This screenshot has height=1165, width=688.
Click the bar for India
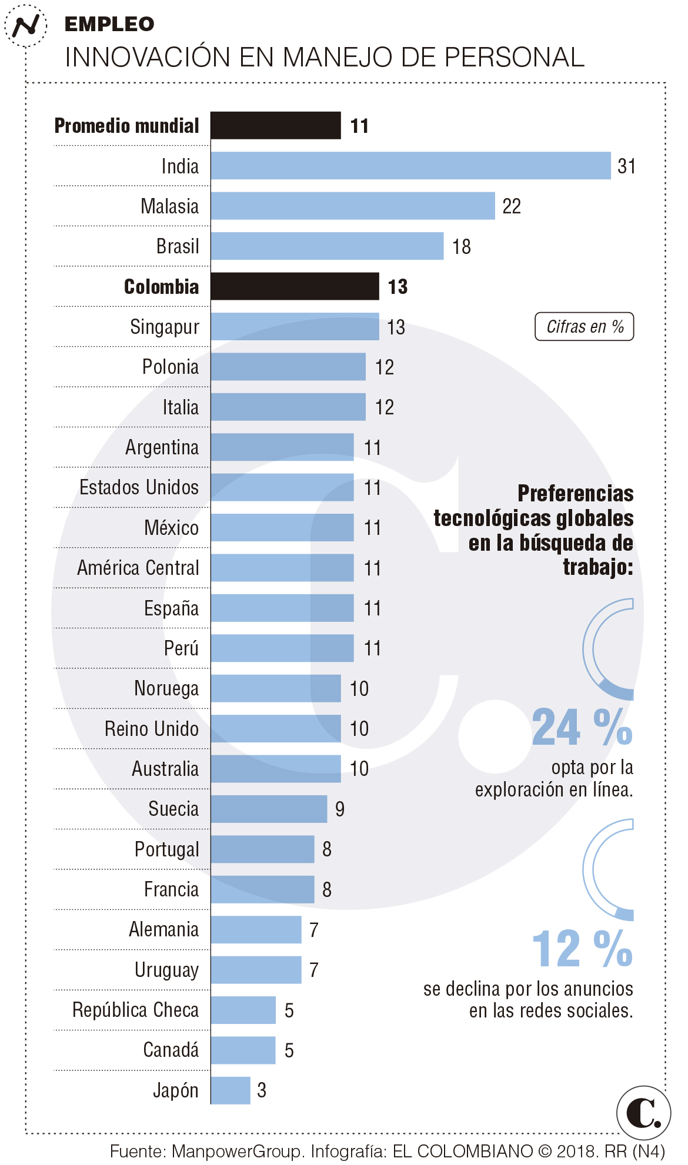pos(410,166)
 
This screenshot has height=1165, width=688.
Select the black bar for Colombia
pos(295,286)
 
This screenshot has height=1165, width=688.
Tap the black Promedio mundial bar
pos(275,125)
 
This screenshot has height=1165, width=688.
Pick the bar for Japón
pos(231,1090)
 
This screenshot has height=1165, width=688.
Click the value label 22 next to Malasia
pos(512,206)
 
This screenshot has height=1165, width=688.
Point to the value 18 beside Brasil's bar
pos(461,246)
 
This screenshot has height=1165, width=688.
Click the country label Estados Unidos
pos(139,487)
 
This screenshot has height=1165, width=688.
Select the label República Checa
pos(136,1010)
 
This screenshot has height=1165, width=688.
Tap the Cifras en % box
pos(584,327)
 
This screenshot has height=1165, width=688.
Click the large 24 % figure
pos(582,727)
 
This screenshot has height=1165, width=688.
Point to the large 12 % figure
pos(582,949)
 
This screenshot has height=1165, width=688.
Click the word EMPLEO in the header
pos(109,24)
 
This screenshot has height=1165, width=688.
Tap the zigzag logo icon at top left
pos(26,25)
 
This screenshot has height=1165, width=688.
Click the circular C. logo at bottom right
pos(643,1112)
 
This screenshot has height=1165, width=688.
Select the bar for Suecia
pos(269,809)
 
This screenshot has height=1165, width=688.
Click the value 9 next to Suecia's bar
pos(340,809)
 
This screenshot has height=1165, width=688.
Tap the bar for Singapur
pos(295,326)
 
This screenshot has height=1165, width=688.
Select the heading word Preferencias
pos(575,493)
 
